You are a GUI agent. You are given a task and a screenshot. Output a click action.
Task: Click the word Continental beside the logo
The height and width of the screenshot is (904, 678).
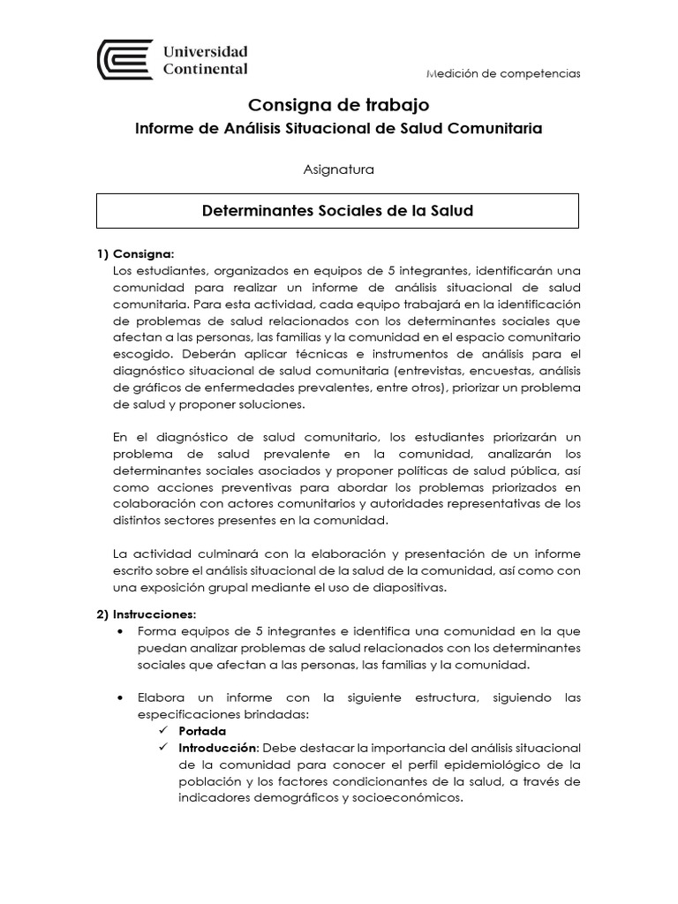(x=206, y=69)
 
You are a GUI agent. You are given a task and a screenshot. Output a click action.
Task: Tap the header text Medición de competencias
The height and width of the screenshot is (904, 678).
(x=502, y=73)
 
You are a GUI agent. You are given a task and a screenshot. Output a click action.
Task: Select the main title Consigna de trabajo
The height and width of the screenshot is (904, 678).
(x=338, y=105)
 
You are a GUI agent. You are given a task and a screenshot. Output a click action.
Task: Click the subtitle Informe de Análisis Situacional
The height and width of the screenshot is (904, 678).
(x=338, y=129)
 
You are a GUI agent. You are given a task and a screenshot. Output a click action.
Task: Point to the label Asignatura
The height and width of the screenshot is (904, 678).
(x=338, y=170)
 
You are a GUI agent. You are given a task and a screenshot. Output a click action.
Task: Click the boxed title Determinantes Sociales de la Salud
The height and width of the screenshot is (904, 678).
(x=338, y=211)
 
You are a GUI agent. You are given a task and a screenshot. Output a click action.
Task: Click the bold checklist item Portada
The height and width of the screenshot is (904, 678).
(x=202, y=731)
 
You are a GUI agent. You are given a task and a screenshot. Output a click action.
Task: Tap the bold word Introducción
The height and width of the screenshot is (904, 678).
(x=218, y=748)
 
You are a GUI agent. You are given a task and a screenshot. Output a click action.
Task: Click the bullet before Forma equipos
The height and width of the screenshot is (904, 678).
(x=119, y=631)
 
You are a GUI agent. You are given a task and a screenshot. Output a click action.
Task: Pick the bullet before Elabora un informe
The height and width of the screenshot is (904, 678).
(x=119, y=697)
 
